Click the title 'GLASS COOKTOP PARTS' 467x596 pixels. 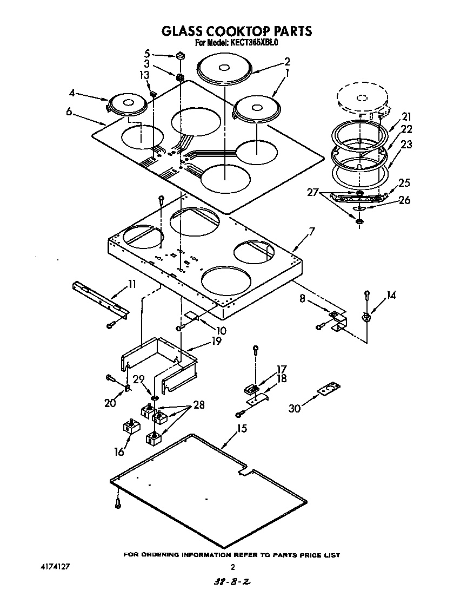237,31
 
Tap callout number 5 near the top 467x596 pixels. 147,53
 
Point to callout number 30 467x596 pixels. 293,408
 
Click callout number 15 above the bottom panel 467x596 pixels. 242,428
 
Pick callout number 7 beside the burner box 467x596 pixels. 311,232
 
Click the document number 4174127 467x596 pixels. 56,567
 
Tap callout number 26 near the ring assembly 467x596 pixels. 404,200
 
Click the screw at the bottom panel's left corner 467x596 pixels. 118,503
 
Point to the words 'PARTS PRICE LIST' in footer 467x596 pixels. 306,554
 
